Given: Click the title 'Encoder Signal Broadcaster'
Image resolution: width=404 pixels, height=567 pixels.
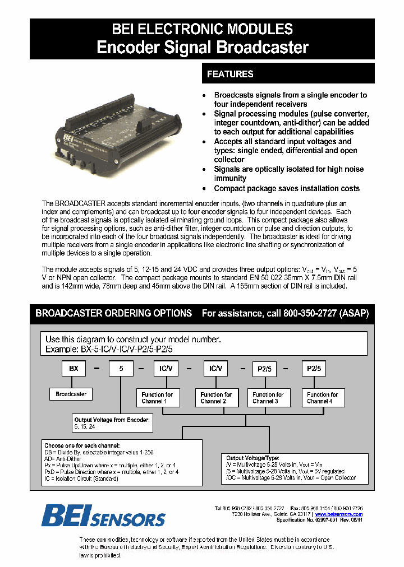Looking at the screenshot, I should click(203, 48).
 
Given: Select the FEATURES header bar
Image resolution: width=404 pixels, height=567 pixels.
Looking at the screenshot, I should click(288, 74).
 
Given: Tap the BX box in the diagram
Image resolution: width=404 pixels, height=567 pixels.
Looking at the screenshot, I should click(74, 369).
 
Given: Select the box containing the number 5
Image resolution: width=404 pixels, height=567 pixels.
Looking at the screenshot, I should click(121, 369).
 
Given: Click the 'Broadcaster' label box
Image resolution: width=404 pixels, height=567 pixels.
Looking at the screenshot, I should click(71, 394).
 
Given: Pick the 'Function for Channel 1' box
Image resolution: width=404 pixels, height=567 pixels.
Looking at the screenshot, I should click(157, 398).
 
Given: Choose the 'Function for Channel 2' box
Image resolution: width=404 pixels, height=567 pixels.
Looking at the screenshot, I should click(216, 398).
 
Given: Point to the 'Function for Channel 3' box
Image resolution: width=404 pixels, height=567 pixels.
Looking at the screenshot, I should click(268, 398).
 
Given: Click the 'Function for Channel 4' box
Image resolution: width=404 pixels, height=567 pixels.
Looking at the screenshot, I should click(323, 398).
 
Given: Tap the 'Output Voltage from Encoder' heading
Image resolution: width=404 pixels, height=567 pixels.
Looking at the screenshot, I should click(112, 420).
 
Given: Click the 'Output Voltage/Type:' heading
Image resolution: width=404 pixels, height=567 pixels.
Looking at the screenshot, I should click(252, 458).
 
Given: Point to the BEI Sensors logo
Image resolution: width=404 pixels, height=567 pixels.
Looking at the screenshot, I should click(104, 516).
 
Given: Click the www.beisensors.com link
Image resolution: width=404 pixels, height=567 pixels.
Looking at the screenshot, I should click(338, 514).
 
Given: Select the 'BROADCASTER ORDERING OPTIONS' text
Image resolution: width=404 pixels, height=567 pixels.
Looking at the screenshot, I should click(113, 314).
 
